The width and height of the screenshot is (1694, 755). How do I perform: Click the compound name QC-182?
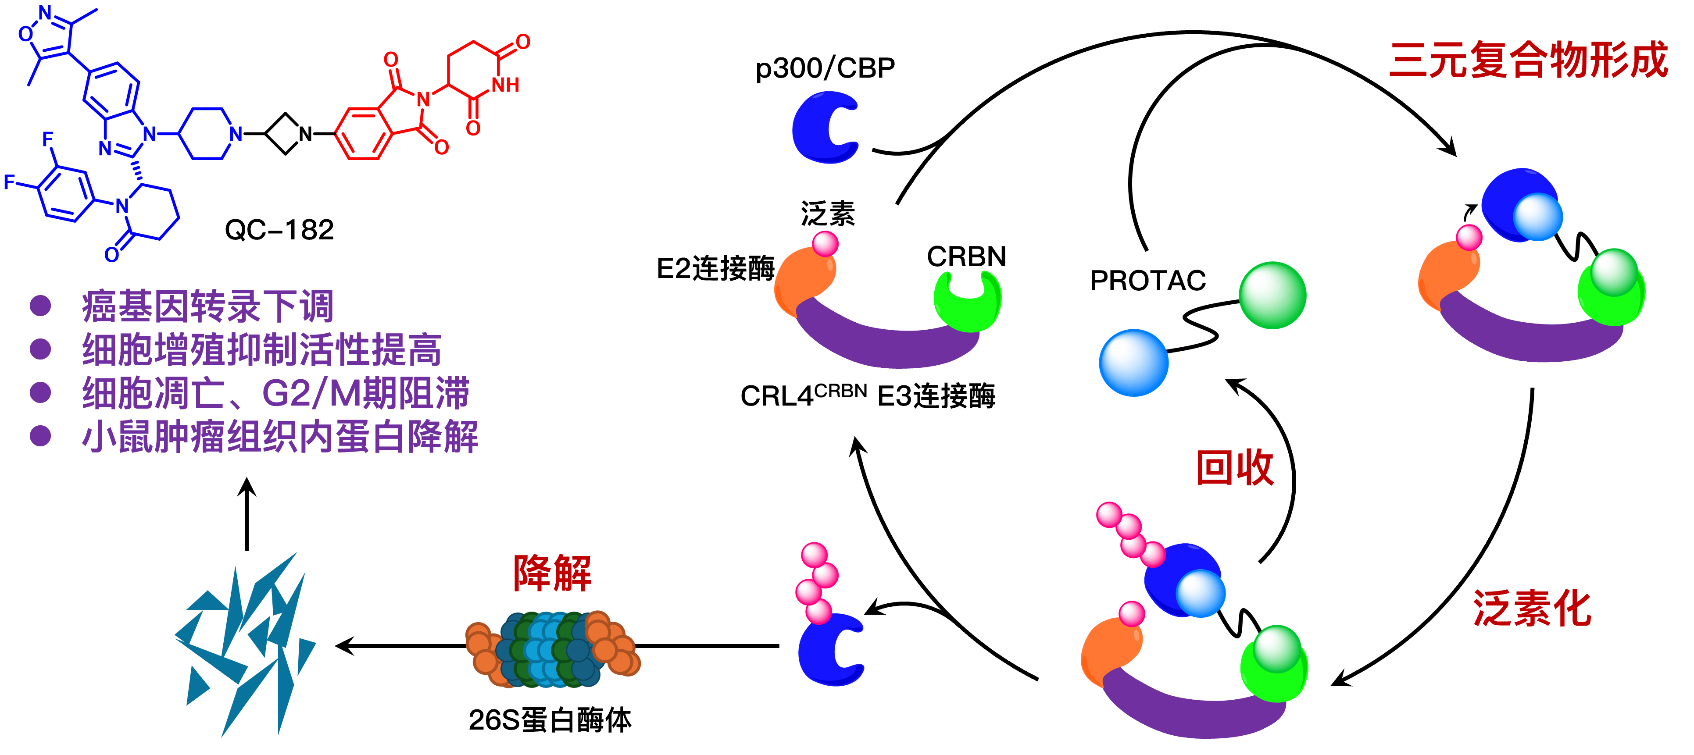(x=279, y=230)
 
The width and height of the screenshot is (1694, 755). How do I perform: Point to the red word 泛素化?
(x=1532, y=609)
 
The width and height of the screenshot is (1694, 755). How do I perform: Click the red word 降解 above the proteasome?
(x=552, y=573)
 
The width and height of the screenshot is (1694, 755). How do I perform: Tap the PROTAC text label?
(x=1147, y=281)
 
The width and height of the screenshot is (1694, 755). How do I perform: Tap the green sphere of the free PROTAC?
(x=1272, y=295)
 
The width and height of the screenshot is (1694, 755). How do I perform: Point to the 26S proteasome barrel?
(x=552, y=649)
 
